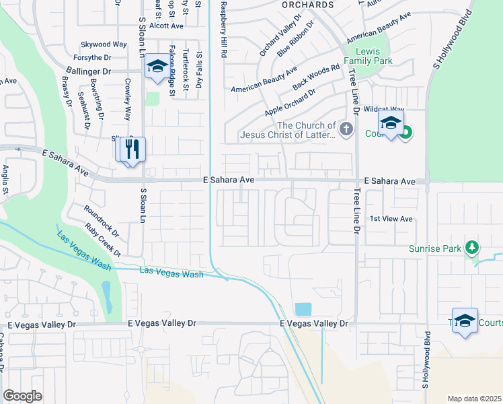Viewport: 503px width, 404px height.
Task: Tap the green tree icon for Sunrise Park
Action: point(472,248)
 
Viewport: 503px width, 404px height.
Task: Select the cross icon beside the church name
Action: point(346,129)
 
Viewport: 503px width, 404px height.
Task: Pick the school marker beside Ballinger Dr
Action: point(157,66)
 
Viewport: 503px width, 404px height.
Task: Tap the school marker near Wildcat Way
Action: point(390,123)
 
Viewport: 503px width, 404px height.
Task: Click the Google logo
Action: point(22,396)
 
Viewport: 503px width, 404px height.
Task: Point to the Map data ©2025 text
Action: point(474,399)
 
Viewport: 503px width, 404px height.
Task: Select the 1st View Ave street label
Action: point(390,219)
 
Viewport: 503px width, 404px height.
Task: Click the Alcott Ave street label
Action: point(167,26)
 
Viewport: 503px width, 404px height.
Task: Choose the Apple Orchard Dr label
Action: point(290,102)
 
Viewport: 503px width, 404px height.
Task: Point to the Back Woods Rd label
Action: point(316,77)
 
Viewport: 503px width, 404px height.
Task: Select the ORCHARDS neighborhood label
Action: point(307,5)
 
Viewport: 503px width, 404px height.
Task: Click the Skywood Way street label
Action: point(104,44)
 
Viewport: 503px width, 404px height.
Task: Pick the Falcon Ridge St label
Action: point(172,71)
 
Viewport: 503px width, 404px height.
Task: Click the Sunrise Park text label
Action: point(436,248)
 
